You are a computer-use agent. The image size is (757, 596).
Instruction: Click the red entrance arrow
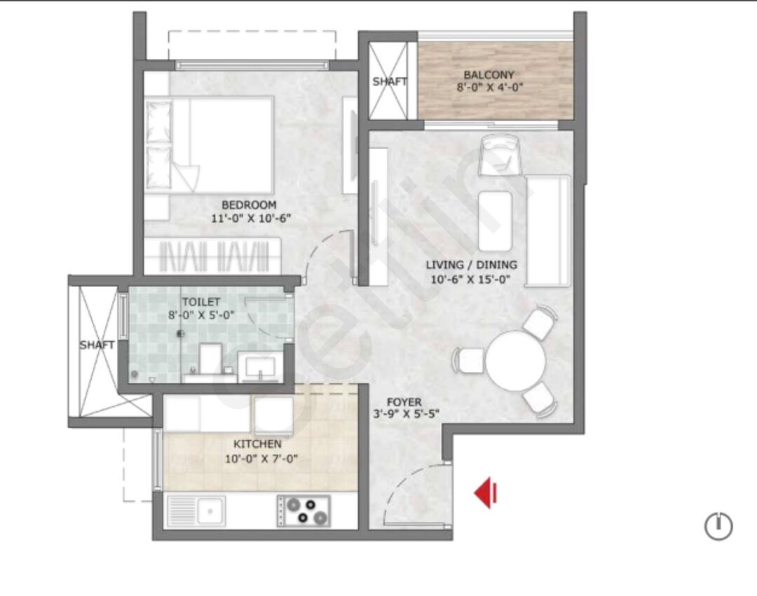[486, 493]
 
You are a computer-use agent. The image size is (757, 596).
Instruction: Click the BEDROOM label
[249, 205]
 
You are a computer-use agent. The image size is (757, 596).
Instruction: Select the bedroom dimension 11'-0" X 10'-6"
[251, 218]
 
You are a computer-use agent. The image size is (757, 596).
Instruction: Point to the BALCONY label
[489, 75]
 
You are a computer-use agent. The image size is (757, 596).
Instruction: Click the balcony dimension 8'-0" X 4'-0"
[490, 88]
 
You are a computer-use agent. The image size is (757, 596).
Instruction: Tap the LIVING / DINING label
[471, 265]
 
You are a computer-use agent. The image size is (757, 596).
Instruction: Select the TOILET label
[201, 303]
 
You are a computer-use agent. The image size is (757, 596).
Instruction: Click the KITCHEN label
[257, 444]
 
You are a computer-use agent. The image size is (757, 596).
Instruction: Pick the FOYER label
[404, 402]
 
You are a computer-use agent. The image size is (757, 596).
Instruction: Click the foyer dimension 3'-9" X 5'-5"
[406, 414]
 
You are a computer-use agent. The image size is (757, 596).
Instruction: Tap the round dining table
[516, 360]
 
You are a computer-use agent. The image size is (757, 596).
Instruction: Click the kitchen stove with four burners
[304, 511]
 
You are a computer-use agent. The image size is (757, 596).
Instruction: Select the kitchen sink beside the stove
[196, 511]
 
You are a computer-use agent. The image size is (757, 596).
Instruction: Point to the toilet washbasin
[260, 368]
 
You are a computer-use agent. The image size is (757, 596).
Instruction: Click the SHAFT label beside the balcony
[389, 81]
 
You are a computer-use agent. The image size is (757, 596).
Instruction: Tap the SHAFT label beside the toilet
[97, 345]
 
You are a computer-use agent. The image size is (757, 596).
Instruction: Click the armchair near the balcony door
[500, 155]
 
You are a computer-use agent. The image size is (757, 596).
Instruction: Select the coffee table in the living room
[495, 221]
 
